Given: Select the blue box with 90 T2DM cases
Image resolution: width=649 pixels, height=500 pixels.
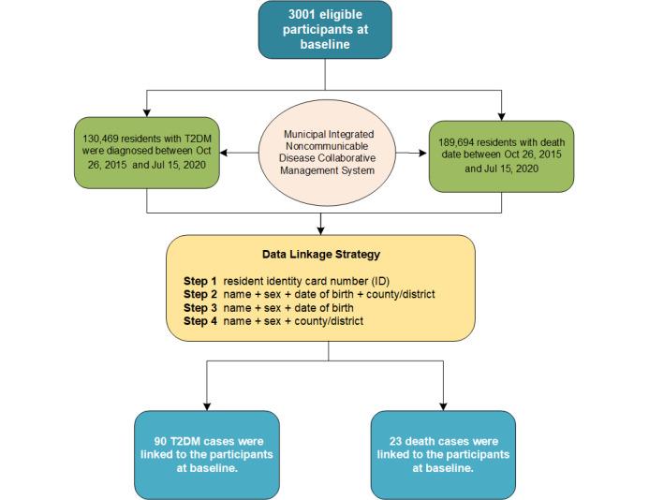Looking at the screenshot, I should pos(206,454).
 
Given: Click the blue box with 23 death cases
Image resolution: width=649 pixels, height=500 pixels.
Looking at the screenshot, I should pos(443,454).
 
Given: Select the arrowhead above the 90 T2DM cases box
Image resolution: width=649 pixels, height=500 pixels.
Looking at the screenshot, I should pos(206,405).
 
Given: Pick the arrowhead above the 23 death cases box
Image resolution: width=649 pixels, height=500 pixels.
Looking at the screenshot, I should pos(443,405).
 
